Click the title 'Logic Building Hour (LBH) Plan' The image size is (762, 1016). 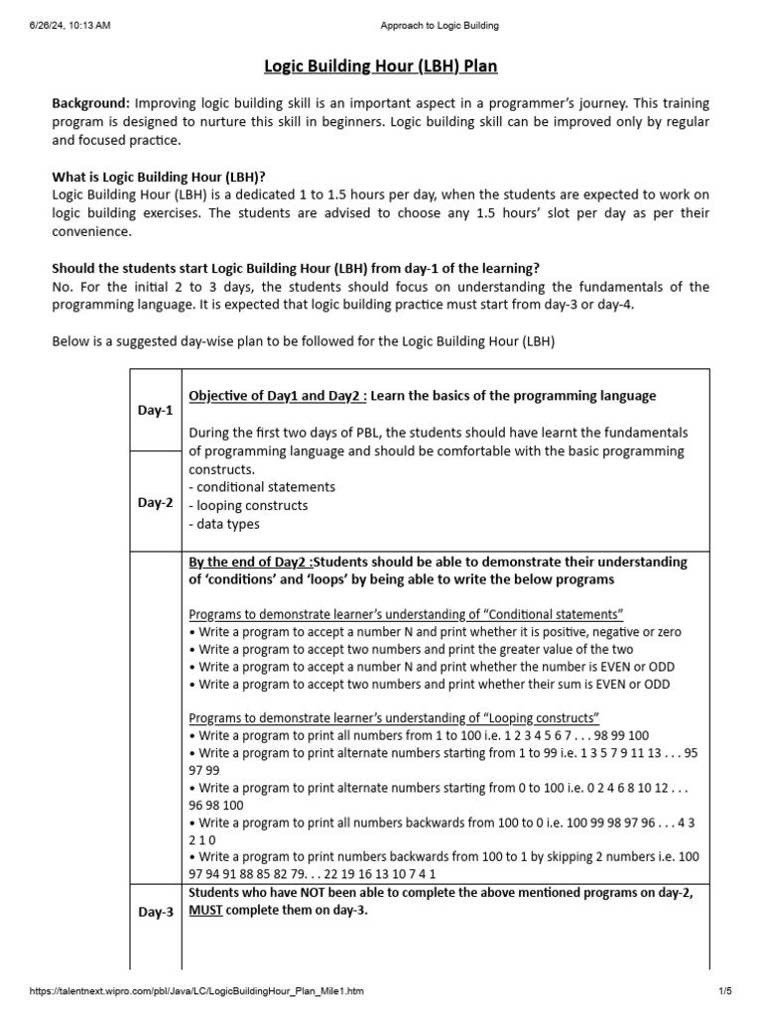point(380,66)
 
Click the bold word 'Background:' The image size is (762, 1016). point(90,104)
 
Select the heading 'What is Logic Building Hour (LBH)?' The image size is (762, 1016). point(159,177)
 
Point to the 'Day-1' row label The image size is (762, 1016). point(155,411)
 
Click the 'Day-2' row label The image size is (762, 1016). point(155,502)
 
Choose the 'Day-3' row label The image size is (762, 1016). point(155,912)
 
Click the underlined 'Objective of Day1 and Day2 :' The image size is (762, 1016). point(278,396)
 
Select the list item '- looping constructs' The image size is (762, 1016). point(248,506)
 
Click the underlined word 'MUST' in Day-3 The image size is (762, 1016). point(205,911)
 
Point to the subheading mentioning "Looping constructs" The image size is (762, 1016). point(394,717)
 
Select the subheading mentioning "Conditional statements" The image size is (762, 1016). point(406,614)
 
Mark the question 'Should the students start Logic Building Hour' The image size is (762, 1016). point(297,268)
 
